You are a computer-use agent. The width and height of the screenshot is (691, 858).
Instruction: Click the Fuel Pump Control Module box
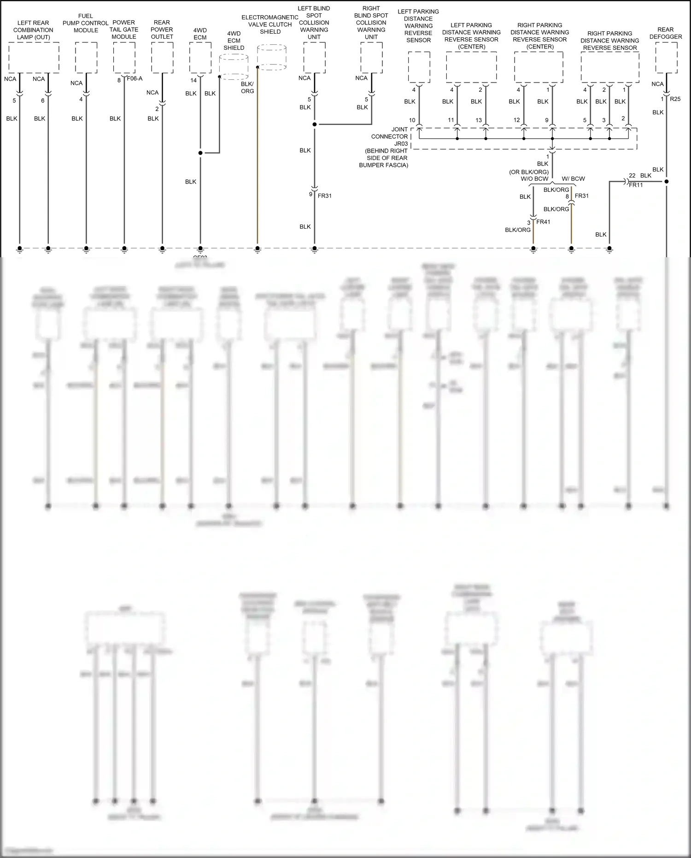tap(86, 58)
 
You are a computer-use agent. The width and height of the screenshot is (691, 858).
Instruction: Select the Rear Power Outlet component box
tap(162, 58)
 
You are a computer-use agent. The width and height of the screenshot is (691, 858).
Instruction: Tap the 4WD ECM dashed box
tap(200, 58)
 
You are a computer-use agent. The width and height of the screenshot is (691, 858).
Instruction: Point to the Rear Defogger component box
tap(666, 58)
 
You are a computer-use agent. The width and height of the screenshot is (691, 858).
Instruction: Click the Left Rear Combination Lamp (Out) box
tap(34, 58)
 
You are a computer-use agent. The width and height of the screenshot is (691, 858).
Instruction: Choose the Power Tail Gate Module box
tap(124, 58)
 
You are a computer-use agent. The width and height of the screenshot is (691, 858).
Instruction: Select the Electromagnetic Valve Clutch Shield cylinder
tap(271, 57)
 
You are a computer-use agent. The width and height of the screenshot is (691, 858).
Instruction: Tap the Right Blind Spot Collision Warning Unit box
tap(371, 58)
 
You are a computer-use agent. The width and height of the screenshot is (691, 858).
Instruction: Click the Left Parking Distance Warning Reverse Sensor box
tap(419, 67)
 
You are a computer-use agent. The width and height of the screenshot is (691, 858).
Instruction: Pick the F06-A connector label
tap(135, 79)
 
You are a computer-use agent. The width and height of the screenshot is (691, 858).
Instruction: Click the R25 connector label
tap(675, 99)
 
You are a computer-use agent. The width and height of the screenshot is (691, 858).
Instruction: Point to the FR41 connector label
tap(543, 222)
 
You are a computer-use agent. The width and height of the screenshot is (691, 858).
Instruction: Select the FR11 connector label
tap(636, 185)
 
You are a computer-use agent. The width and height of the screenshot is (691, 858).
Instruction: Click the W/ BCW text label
tap(573, 179)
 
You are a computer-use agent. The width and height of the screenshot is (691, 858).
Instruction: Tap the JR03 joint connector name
tap(401, 144)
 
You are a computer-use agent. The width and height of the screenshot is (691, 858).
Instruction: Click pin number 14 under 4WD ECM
tap(193, 80)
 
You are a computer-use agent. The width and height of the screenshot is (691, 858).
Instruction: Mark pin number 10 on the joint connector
tap(412, 120)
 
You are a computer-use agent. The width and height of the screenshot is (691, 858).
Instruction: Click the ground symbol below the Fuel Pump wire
tap(86, 249)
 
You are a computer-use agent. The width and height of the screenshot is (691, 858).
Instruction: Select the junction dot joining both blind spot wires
tap(315, 124)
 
